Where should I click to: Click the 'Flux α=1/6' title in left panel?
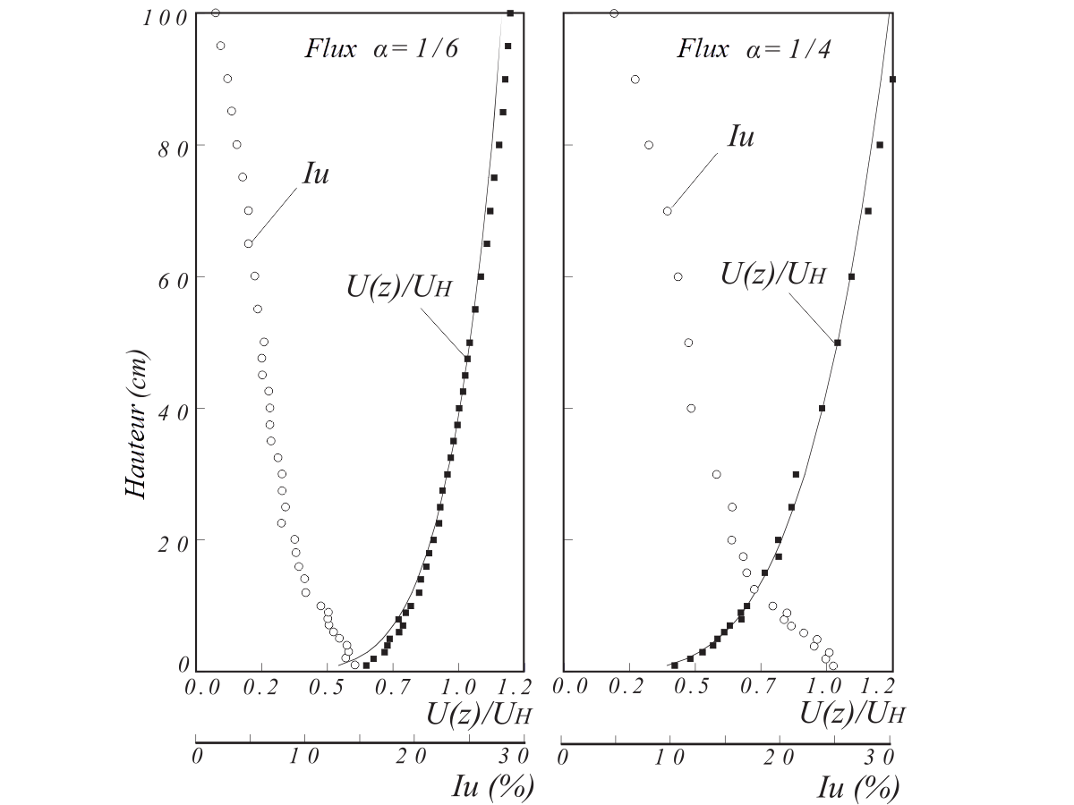[x=381, y=48]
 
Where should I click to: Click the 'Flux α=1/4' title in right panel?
[x=754, y=48]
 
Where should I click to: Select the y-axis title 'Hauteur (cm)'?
[x=135, y=424]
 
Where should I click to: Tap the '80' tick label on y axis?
[x=172, y=148]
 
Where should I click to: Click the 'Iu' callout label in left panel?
[x=316, y=174]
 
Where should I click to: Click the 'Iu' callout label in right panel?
[x=741, y=137]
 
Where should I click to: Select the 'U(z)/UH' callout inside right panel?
[x=773, y=274]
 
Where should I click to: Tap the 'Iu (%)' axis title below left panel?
[x=493, y=786]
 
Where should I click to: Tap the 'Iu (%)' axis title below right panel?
[x=857, y=786]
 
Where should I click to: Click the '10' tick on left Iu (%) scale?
[x=304, y=756]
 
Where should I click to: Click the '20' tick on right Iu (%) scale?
[x=780, y=756]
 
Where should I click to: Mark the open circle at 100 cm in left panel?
[x=216, y=13]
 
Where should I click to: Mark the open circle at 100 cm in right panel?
[x=614, y=13]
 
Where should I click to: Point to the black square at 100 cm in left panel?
[x=510, y=13]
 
